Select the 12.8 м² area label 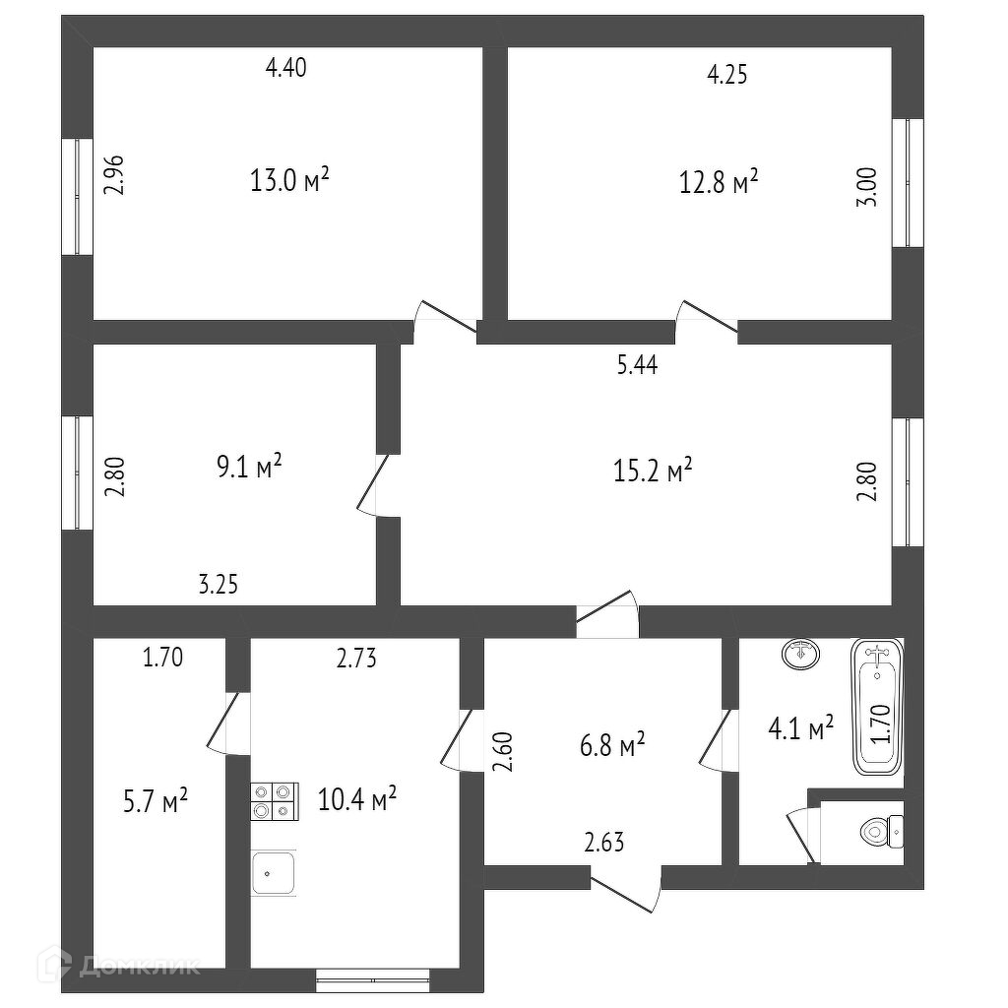pyautogui.click(x=719, y=181)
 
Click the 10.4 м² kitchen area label pyautogui.click(x=357, y=797)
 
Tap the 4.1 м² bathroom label pyautogui.click(x=800, y=728)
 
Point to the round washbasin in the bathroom pyautogui.click(x=801, y=652)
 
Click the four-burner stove pyautogui.click(x=274, y=799)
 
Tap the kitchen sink pyautogui.click(x=275, y=872)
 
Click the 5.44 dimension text pyautogui.click(x=637, y=365)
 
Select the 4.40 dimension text pyautogui.click(x=287, y=68)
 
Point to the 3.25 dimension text pyautogui.click(x=219, y=585)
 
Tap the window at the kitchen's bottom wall pyautogui.click(x=373, y=976)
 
